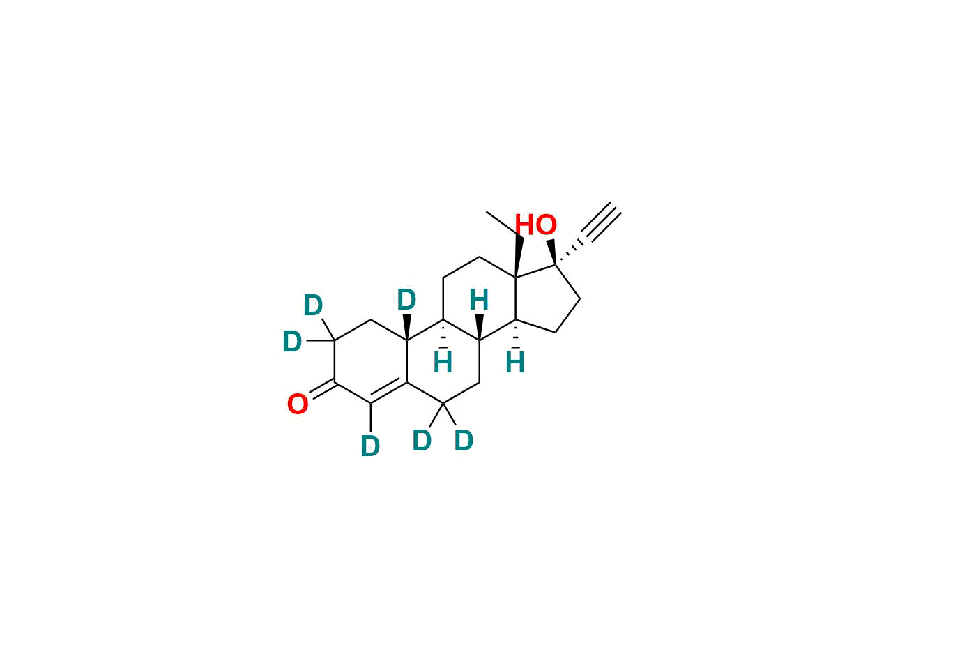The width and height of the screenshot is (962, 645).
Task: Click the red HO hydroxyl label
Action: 536,225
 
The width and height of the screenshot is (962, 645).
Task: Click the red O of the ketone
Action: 298,404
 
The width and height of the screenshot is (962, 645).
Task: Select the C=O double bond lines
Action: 322,389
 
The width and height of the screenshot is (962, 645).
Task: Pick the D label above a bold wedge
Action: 406,301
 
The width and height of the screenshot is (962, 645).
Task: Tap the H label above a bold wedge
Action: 479,301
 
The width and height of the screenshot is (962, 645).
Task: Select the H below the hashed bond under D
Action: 443,363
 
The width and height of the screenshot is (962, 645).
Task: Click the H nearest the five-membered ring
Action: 515,363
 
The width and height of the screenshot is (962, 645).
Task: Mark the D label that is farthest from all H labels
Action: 292,342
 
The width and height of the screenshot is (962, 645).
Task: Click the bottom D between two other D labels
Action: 422,441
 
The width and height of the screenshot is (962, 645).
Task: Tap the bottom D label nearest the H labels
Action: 464,441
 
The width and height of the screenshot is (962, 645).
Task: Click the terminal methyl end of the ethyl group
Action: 487,211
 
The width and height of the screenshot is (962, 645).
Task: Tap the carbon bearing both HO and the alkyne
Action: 556,265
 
